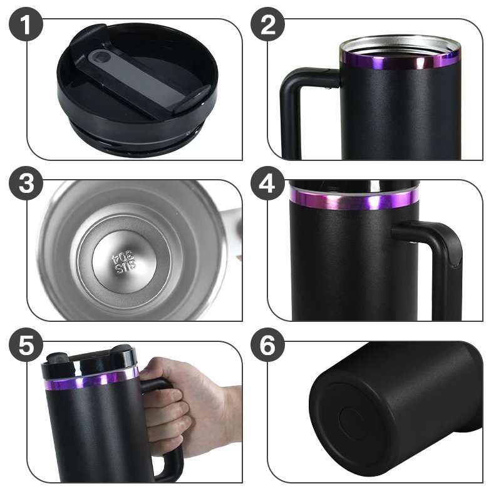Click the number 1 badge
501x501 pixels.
click(x=26, y=26)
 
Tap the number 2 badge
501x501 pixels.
click(x=268, y=26)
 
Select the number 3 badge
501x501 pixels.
click(x=26, y=186)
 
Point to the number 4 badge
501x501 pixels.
click(x=268, y=186)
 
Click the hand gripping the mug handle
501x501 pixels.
click(x=188, y=407)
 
